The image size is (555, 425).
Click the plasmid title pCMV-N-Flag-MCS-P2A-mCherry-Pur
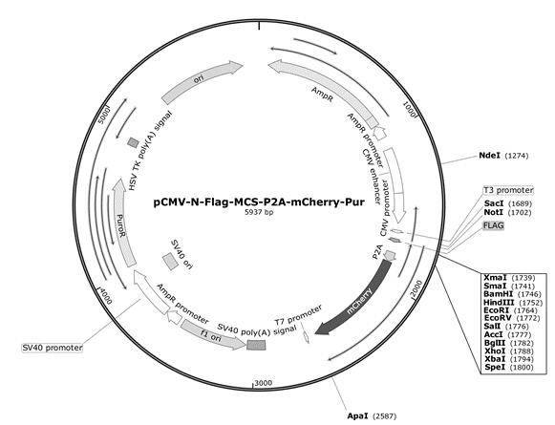click(259, 202)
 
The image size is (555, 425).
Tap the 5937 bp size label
click(259, 212)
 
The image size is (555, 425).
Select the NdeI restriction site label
click(503, 156)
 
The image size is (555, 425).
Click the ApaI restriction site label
click(372, 415)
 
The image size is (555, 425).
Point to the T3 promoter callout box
click(508, 190)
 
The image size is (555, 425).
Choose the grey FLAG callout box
click(494, 225)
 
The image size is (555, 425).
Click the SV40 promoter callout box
click(52, 348)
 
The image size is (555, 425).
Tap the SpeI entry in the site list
click(508, 367)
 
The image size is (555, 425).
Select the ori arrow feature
click(201, 79)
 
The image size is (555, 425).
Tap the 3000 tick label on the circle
click(264, 383)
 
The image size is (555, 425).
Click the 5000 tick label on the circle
click(104, 115)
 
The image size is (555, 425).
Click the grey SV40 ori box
click(170, 262)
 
